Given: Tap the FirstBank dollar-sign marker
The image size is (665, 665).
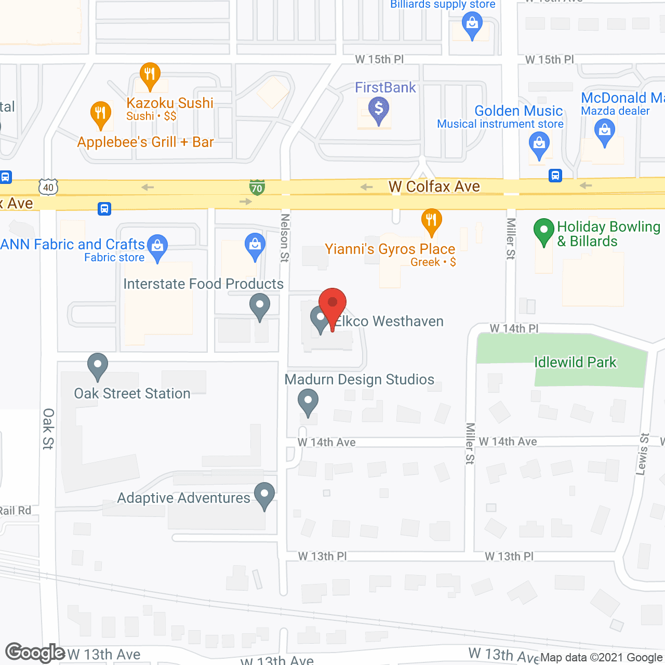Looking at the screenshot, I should [379, 110].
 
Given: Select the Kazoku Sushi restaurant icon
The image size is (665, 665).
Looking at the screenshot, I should [150, 75].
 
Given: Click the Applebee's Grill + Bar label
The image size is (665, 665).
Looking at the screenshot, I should [145, 142].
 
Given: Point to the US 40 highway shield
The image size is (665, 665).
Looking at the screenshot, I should [48, 187].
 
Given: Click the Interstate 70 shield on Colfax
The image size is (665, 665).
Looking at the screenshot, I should [257, 187].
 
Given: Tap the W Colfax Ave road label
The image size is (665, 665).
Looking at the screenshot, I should [434, 187].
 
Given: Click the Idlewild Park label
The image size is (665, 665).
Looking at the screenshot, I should [575, 362].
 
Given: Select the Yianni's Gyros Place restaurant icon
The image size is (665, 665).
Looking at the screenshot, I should [431, 220].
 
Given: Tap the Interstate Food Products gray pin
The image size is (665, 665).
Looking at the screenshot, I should [259, 305].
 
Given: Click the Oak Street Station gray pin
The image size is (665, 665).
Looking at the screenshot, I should [97, 365].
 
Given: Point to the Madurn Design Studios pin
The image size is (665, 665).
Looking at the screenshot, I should [308, 401].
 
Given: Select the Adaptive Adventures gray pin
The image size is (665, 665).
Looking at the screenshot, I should [264, 495].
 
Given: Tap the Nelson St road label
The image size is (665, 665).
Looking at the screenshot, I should [285, 238].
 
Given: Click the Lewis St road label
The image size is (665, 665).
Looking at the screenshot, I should [643, 454].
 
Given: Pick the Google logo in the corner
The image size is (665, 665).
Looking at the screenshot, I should [35, 653].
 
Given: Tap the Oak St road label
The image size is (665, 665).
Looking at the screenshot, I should [48, 429].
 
